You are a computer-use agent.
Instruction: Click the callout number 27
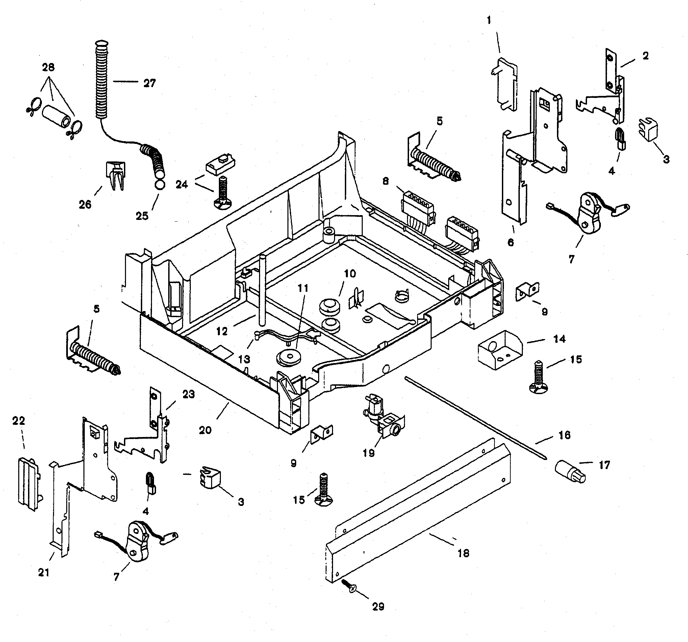point(150,83)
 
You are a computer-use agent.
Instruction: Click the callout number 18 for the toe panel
point(463,553)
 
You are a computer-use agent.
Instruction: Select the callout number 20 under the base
point(205,430)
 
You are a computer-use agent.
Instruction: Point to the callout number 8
point(385,181)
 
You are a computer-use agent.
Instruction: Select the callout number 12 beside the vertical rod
point(222,331)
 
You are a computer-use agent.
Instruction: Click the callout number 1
point(489,21)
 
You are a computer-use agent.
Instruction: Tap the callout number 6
point(510,242)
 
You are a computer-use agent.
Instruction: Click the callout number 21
point(44,572)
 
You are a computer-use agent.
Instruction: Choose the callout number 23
point(188,394)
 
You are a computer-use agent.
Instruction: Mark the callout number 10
point(350,274)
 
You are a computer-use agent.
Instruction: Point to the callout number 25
point(142,215)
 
